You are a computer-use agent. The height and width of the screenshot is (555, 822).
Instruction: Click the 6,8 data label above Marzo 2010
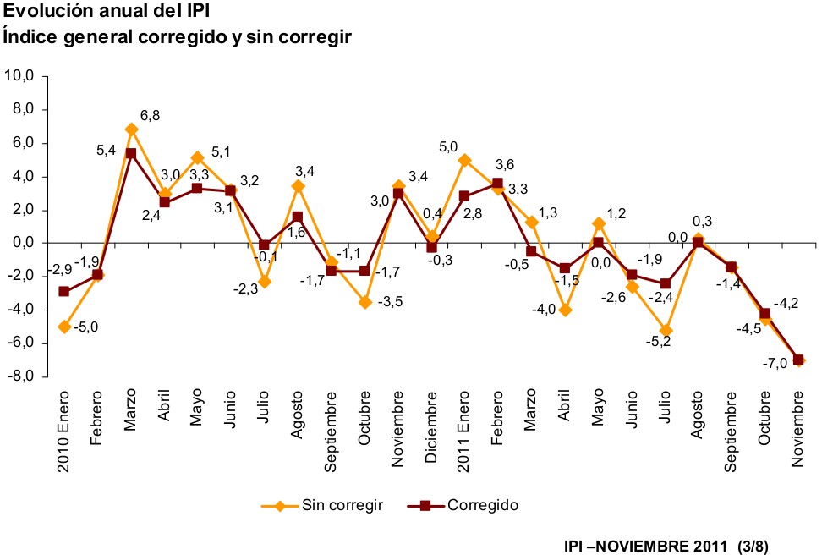click(151, 115)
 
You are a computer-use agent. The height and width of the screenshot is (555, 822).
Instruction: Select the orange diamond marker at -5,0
click(64, 327)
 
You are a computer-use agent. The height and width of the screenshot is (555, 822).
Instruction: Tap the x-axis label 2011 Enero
click(463, 419)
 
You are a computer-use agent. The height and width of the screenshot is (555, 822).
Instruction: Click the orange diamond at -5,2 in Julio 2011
click(666, 331)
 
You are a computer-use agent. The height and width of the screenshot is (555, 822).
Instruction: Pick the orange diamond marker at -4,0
click(565, 310)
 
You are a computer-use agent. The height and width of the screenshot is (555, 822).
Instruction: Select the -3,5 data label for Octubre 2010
click(390, 301)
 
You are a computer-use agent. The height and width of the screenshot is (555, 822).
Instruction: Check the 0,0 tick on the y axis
click(21, 243)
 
